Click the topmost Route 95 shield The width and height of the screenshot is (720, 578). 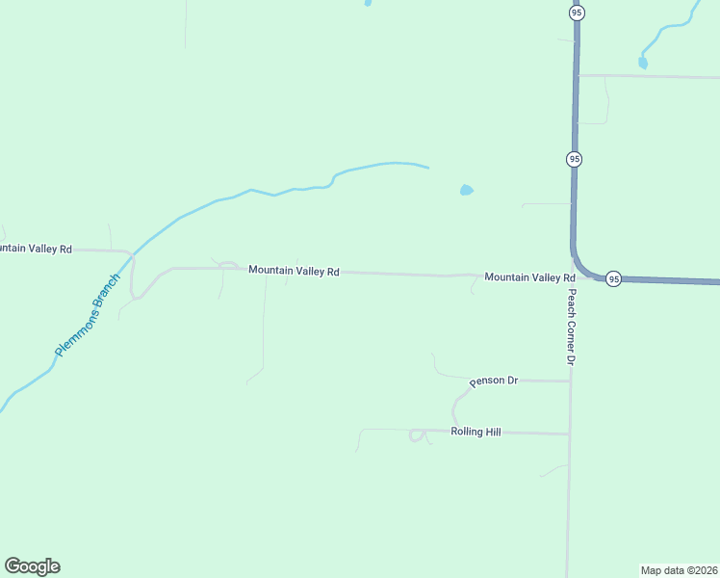pos(576,13)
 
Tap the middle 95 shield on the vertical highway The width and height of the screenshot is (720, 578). pos(574,158)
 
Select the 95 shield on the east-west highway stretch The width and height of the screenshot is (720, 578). pos(613,279)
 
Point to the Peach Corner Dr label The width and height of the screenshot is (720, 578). pos(571,327)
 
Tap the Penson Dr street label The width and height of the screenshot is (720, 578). pos(494,381)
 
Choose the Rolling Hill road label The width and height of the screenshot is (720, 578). pos(476,433)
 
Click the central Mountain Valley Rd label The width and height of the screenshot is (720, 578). pos(294,271)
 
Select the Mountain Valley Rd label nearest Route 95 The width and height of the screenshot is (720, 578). pos(529,277)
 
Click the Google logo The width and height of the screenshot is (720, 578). pos(32,566)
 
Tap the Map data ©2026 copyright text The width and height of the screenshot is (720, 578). pos(679,569)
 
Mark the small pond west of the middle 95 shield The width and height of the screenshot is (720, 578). pos(466,190)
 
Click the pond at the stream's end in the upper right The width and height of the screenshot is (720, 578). pos(643,64)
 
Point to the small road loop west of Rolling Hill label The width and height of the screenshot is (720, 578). pos(418,435)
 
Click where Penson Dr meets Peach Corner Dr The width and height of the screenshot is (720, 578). pos(571,381)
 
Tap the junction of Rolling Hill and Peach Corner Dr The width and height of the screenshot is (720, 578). pos(570,433)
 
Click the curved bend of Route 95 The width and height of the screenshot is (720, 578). pos(579,266)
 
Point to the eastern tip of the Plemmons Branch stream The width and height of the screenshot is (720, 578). pos(427,168)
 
